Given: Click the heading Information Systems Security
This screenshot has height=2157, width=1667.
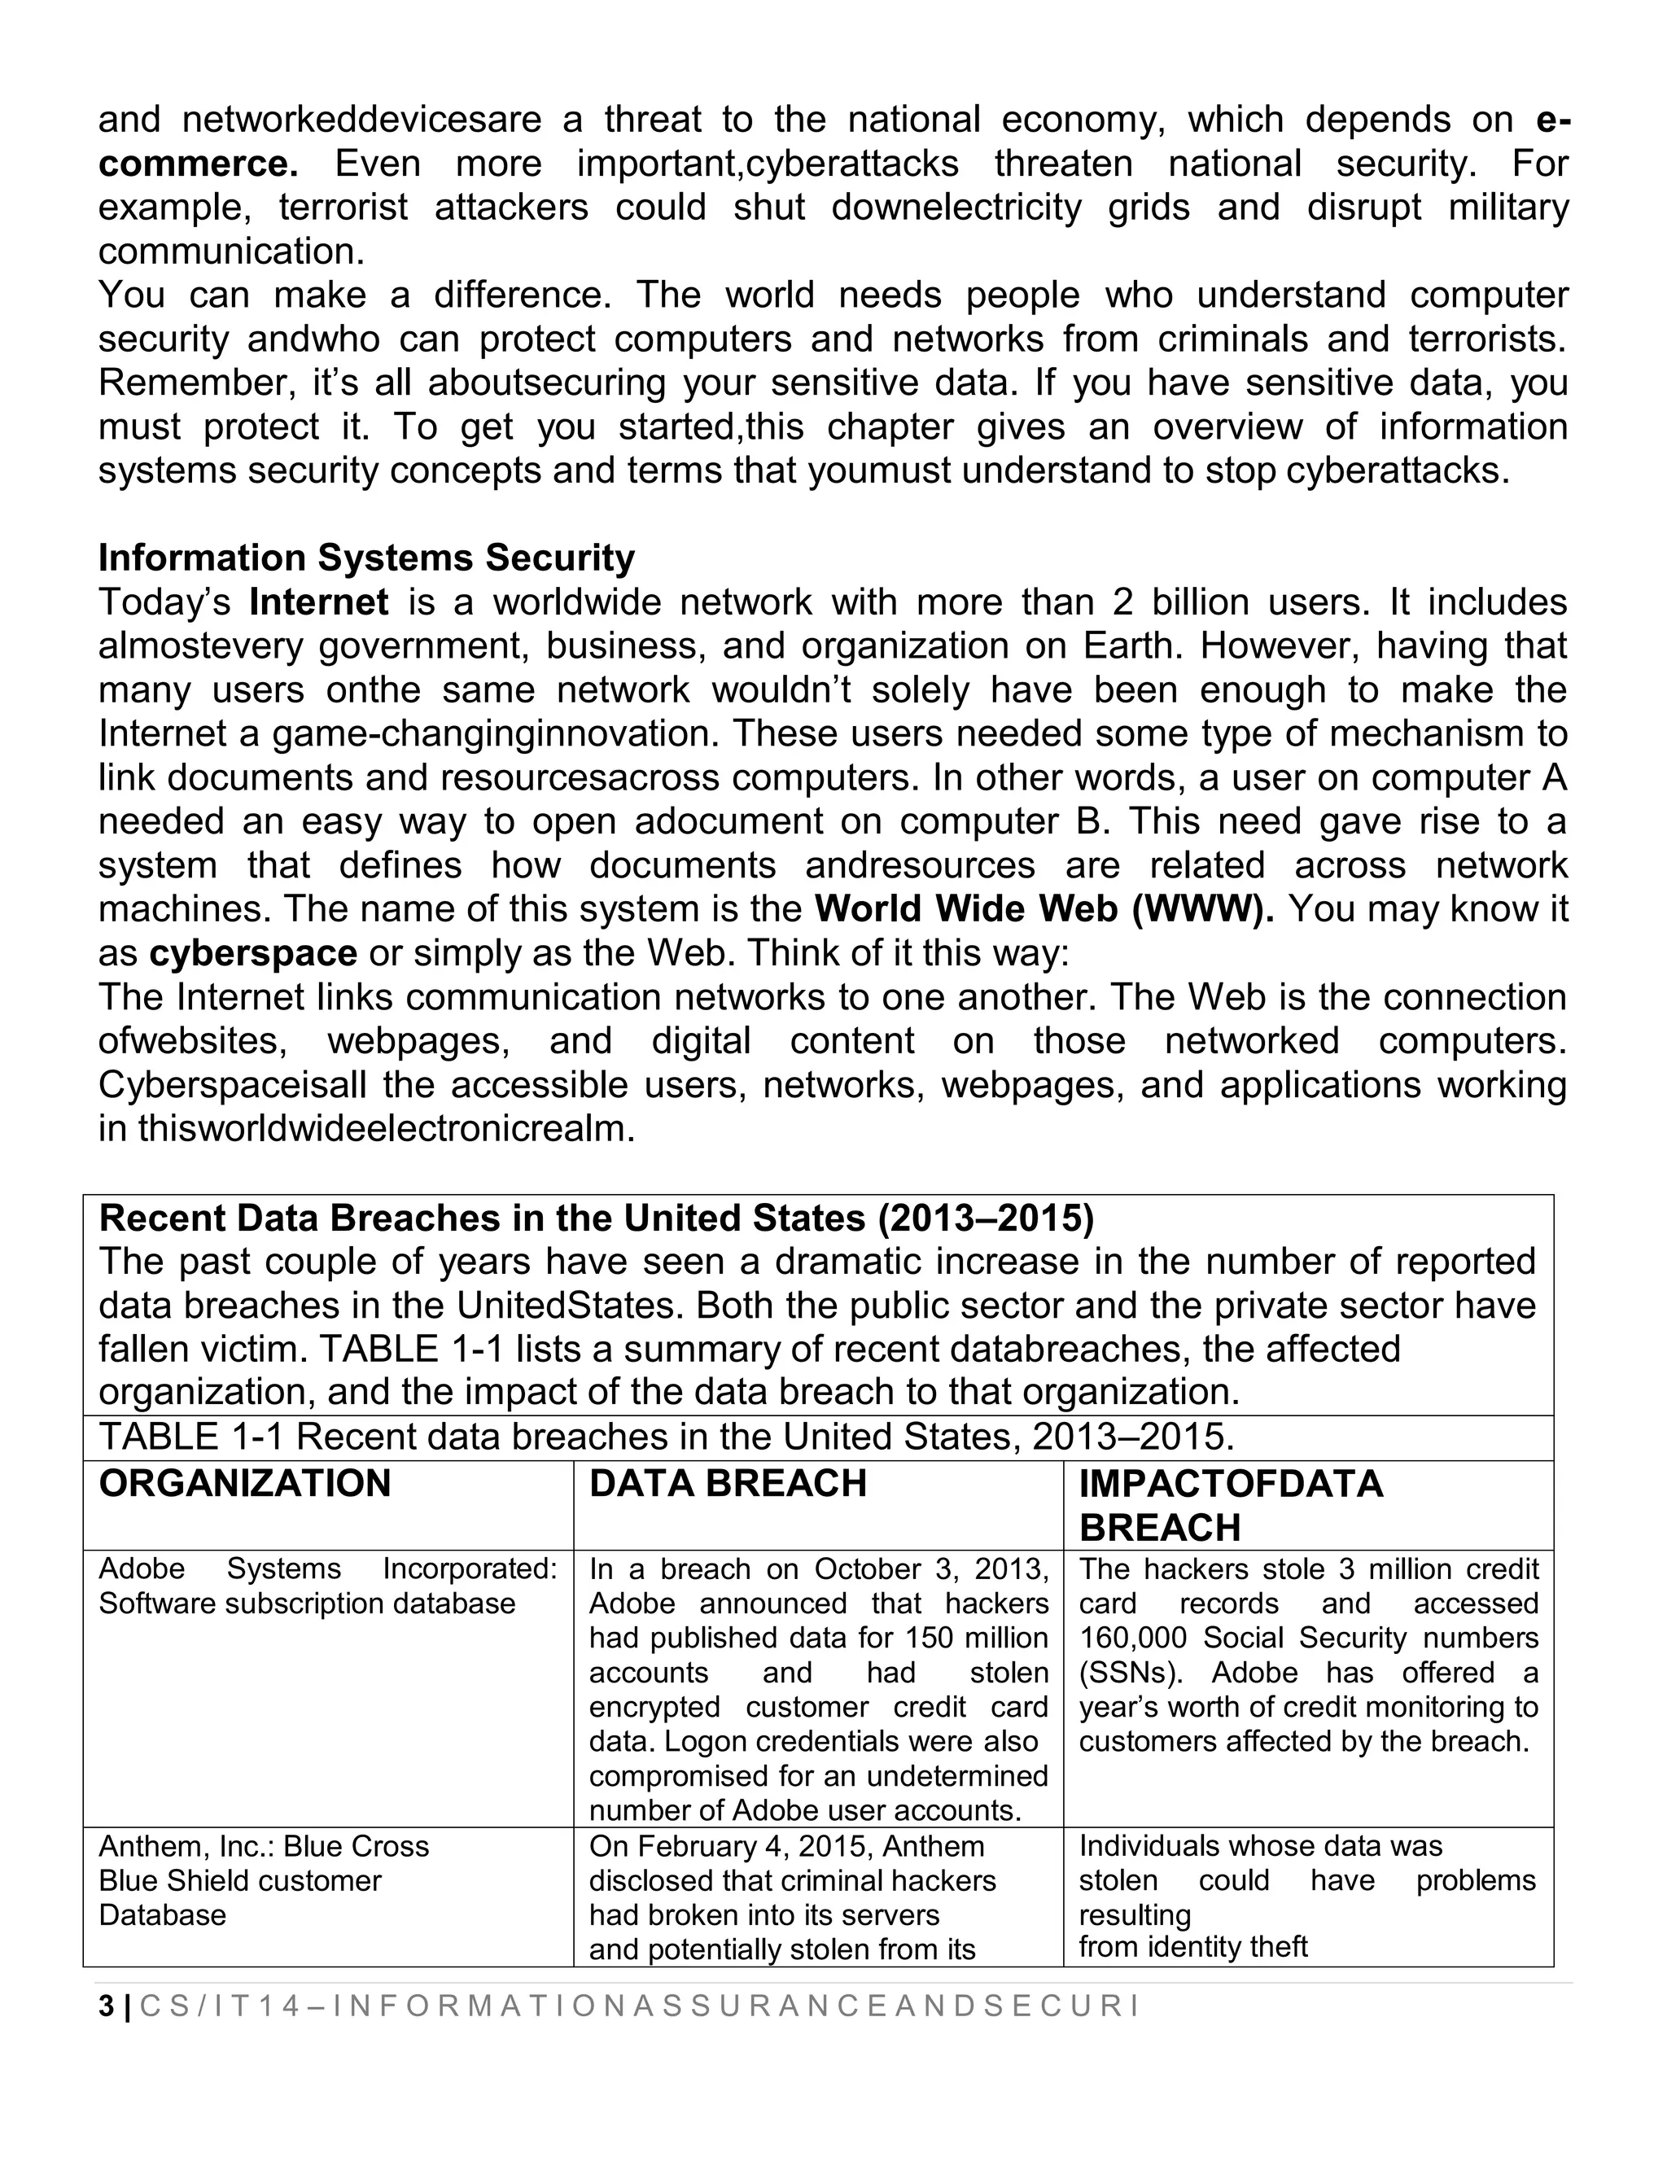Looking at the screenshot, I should coord(366,559).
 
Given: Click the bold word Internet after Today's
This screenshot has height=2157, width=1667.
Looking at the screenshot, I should coord(319,602).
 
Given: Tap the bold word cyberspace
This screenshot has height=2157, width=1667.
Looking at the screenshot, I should coord(253,953).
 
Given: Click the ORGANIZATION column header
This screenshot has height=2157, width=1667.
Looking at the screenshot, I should coord(245,1485).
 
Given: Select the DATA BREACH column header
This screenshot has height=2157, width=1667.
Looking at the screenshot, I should coord(728,1485).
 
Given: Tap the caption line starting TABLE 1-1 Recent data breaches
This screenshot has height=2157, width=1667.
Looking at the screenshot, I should coord(667,1437).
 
